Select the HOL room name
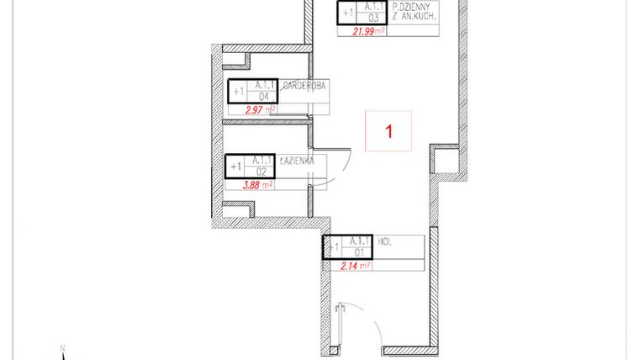(x=386, y=241)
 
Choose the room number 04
(x=263, y=97)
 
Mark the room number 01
(x=359, y=252)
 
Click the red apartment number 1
(x=388, y=131)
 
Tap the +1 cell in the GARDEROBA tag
(x=237, y=92)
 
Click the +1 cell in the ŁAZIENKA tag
(x=235, y=166)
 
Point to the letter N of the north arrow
(x=62, y=347)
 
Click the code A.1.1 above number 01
(x=360, y=241)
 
